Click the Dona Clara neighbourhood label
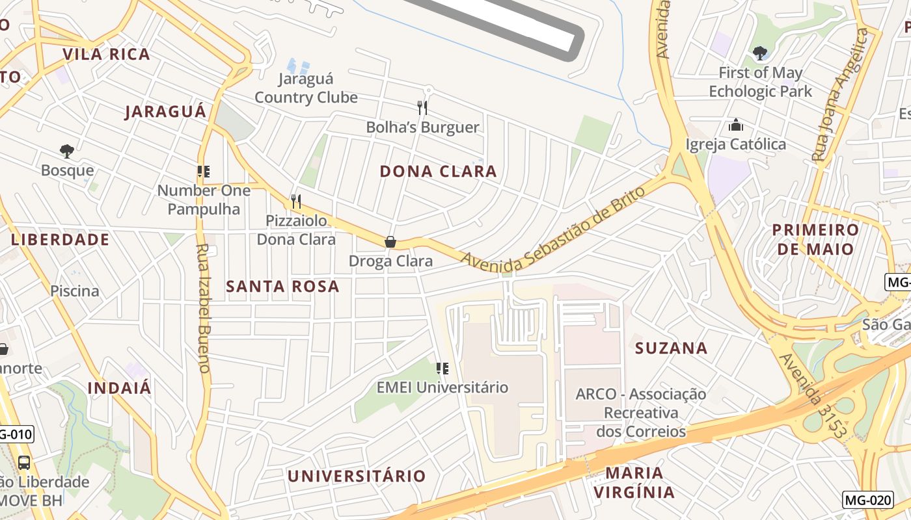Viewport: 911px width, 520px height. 438,172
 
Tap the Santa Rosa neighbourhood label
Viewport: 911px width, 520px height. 282,286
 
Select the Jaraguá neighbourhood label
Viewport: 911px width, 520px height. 165,111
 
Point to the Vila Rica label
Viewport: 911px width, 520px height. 106,54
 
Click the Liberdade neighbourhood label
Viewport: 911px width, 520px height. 60,239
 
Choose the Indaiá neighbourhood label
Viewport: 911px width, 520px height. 119,388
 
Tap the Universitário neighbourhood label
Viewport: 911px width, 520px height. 357,476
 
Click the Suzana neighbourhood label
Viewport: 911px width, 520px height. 671,348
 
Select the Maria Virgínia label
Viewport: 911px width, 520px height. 634,482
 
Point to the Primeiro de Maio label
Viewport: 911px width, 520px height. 815,239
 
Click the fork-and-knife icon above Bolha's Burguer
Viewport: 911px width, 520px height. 422,107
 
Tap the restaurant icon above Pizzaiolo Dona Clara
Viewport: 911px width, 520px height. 296,201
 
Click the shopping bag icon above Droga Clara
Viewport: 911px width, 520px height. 390,242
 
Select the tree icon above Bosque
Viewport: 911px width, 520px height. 66,151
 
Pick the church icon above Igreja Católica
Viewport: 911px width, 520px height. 736,125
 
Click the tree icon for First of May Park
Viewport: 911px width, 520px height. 759,53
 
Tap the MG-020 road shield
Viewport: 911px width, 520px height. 867,500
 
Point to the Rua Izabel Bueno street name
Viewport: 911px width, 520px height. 203,308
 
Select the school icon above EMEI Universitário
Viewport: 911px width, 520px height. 442,369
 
